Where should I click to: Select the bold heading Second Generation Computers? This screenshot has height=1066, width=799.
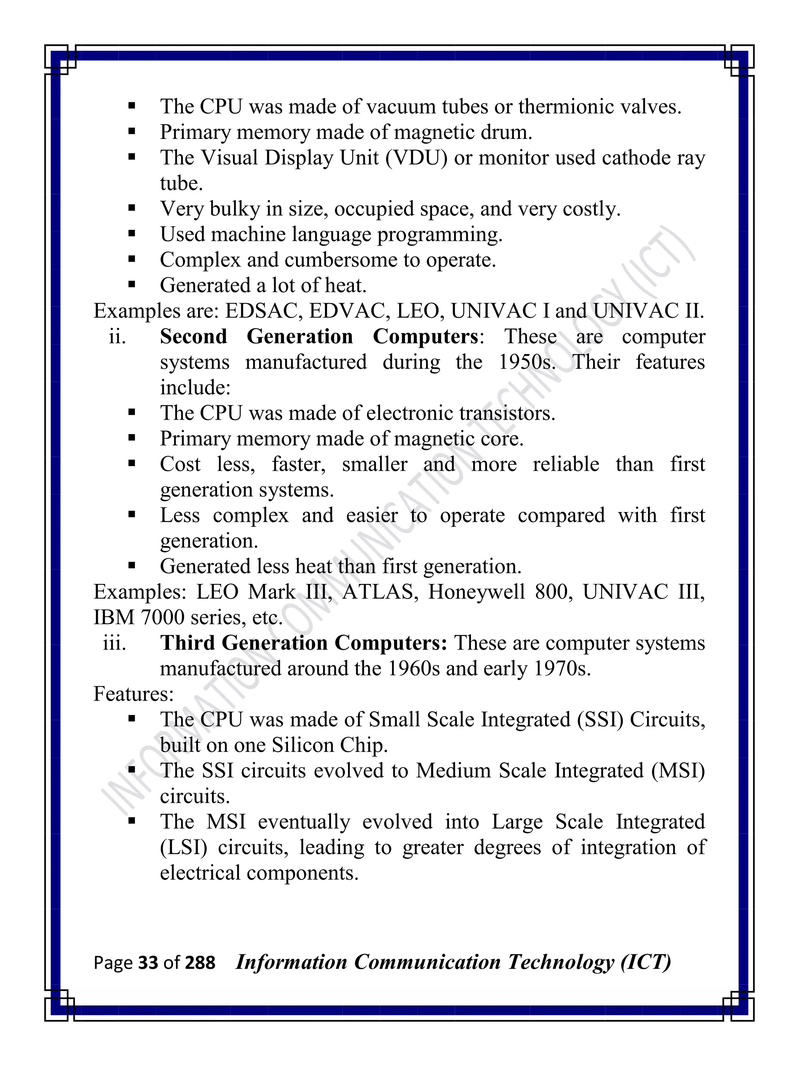[x=319, y=336]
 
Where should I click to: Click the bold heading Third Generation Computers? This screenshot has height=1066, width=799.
[x=304, y=643]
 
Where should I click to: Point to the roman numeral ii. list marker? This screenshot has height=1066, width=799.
[x=117, y=336]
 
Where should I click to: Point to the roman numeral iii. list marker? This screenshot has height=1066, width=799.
[x=115, y=643]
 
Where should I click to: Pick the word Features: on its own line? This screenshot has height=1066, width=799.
[x=133, y=694]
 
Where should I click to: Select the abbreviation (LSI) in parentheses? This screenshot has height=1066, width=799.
[x=183, y=847]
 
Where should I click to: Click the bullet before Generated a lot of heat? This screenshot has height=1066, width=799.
[x=131, y=285]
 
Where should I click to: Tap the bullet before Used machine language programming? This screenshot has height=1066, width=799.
[x=131, y=234]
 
